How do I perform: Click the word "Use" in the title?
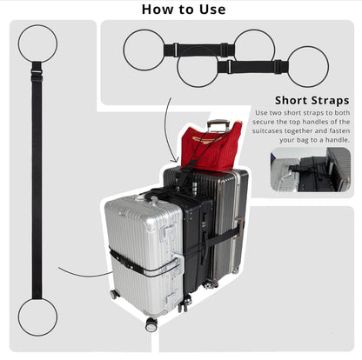click(212, 10)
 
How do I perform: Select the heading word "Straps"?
click(330, 101)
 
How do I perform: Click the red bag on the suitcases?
click(210, 146)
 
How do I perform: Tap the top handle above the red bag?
click(218, 124)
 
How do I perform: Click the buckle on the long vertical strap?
click(37, 72)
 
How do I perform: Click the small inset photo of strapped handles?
click(311, 170)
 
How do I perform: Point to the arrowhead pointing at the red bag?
click(175, 160)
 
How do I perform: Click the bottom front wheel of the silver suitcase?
click(151, 324)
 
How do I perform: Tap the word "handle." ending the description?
click(338, 140)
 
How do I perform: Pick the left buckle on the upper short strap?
click(175, 50)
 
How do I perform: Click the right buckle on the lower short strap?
click(278, 67)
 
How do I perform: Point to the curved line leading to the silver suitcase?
click(84, 275)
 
